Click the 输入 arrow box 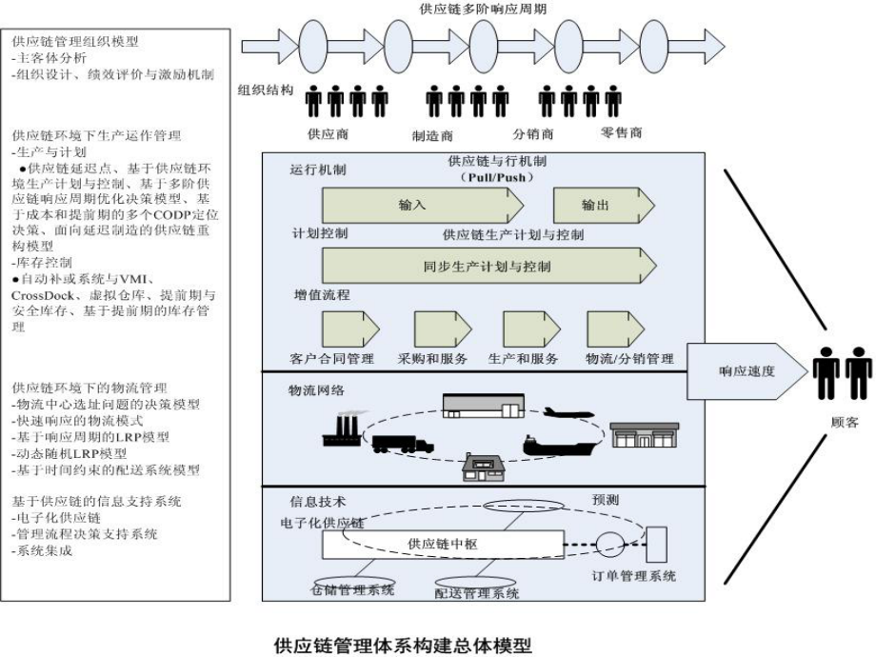click(x=419, y=205)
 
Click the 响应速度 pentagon click(x=745, y=371)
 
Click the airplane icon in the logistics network click(x=568, y=413)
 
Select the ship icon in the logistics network click(x=562, y=445)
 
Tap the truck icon click(x=402, y=444)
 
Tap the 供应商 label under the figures click(x=327, y=132)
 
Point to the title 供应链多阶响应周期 click(x=483, y=9)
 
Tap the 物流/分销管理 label click(x=629, y=359)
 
